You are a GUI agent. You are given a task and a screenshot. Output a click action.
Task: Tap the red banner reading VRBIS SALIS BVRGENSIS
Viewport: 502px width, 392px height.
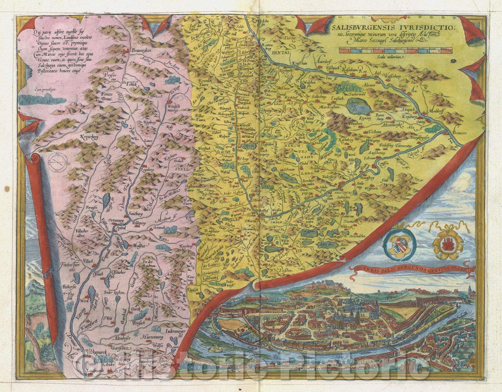[x=414, y=268]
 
